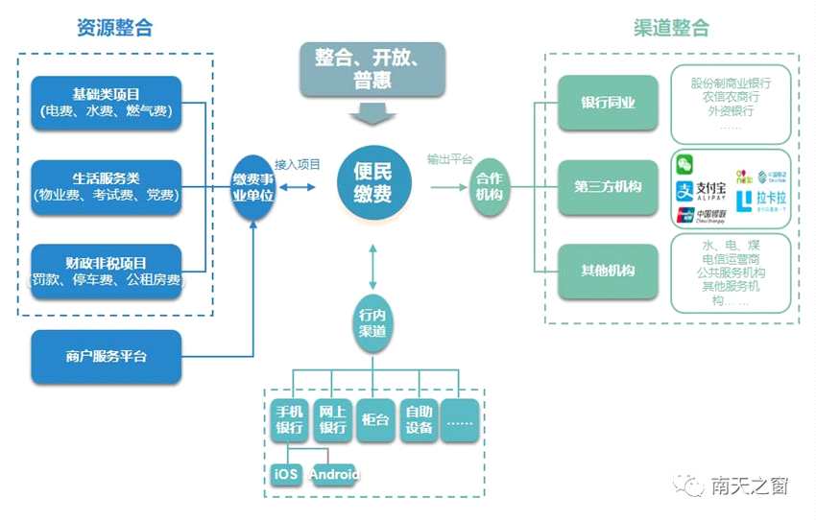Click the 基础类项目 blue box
coord(107,104)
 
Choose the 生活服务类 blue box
coord(107,187)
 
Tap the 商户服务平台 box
coord(107,356)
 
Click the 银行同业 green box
coord(608,103)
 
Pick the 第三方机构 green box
coord(608,186)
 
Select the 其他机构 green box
coord(608,271)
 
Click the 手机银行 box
coord(290,419)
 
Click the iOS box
coord(286,474)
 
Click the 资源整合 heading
coord(114,28)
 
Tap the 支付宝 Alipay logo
coord(702,189)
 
